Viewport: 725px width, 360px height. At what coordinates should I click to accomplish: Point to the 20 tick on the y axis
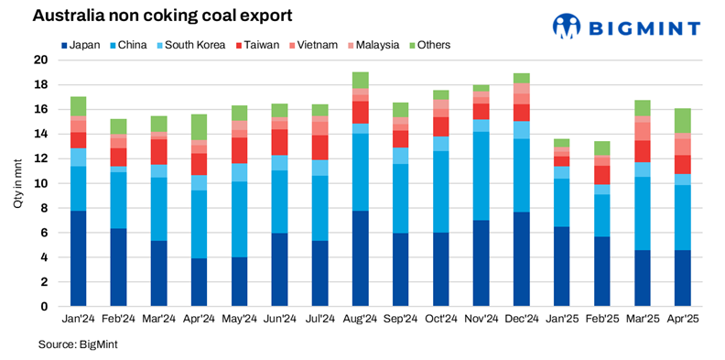coord(40,60)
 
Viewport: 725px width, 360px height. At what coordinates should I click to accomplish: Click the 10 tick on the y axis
coord(40,183)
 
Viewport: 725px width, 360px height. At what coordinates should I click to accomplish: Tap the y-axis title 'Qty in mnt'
coord(17,183)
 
